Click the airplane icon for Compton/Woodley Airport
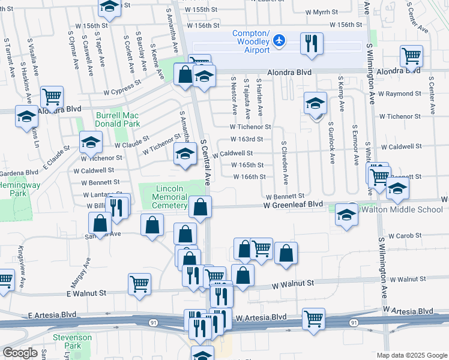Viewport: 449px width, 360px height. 279,40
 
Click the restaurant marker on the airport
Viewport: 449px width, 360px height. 312,44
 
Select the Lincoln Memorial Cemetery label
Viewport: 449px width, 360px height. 170,197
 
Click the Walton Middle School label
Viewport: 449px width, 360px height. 402,209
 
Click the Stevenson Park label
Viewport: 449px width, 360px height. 72,342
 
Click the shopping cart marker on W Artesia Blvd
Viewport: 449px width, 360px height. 314,319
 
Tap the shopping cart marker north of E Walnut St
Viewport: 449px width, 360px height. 139,284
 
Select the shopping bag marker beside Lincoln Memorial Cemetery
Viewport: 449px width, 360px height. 200,208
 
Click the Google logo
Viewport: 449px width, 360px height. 20,353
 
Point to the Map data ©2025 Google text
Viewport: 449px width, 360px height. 412,355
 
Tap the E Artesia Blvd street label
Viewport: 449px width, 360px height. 52,314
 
